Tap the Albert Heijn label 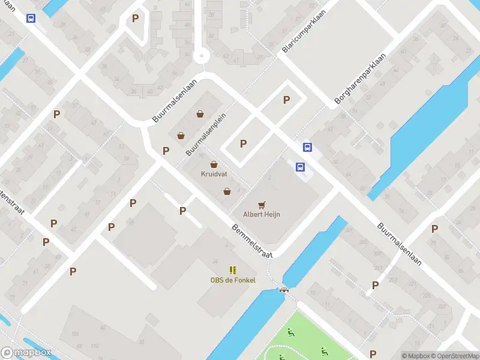(x=262, y=214)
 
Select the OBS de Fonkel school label (x=232, y=280)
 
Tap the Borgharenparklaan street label (x=360, y=77)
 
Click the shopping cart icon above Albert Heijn (x=262, y=205)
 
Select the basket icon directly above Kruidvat (x=213, y=164)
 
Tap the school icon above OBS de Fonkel (x=233, y=271)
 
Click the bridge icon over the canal (x=284, y=290)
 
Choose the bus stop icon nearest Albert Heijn (x=300, y=168)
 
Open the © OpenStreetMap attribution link (x=455, y=356)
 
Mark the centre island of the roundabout (x=201, y=56)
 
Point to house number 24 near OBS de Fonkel (x=215, y=261)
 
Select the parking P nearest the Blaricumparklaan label (x=286, y=100)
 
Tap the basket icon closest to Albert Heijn (x=227, y=192)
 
